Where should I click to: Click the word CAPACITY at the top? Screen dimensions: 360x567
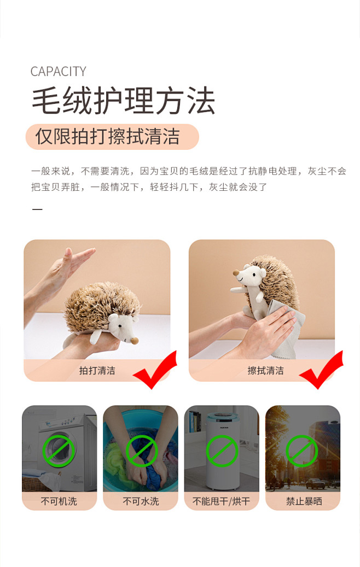[58, 72]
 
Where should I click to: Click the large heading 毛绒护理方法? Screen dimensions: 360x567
[124, 101]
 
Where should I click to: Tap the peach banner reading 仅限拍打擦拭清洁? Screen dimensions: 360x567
[112, 137]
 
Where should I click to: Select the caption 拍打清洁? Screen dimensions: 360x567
[97, 371]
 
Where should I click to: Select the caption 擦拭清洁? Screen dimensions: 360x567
[265, 371]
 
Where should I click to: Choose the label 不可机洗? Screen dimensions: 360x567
[59, 501]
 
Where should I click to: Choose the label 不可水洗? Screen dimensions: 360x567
[141, 501]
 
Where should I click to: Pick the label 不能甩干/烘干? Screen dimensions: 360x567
[221, 501]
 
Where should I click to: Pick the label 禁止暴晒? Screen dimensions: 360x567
[304, 501]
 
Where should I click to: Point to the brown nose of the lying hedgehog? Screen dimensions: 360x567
[135, 341]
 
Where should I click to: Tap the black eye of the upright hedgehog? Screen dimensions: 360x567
[254, 275]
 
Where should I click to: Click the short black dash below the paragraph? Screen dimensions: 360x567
[37, 209]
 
